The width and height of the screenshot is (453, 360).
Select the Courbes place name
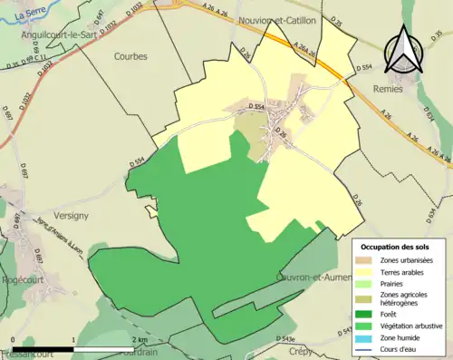(x=130, y=55)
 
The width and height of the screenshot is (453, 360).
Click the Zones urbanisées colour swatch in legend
(x=368, y=260)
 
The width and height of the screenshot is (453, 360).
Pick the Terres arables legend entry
(x=403, y=271)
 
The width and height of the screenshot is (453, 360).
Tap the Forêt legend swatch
(x=368, y=314)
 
